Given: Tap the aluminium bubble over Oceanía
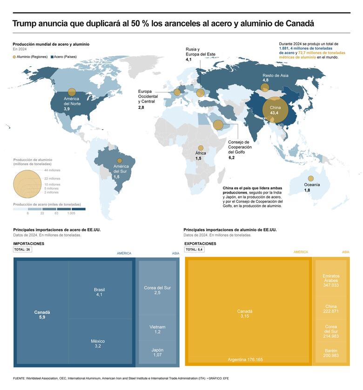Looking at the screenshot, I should coord(310,179).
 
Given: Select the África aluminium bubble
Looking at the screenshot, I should coord(201,147).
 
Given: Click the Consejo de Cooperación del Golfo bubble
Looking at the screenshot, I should coord(218,125).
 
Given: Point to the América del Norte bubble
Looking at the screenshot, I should coord(72,92).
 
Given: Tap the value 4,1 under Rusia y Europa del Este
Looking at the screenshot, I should coord(188,60).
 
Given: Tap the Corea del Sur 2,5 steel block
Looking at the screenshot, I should coord(157,290).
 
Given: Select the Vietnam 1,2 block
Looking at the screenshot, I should coord(157,329).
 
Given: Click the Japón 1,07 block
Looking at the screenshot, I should coord(157,352).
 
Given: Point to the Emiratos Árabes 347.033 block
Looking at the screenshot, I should coord(331,280).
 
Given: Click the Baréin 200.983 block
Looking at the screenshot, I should coord(331,353).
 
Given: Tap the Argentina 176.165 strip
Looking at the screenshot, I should coord(245,360).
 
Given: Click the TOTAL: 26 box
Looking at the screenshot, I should coord(22,250).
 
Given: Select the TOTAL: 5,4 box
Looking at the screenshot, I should coord(194,250).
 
